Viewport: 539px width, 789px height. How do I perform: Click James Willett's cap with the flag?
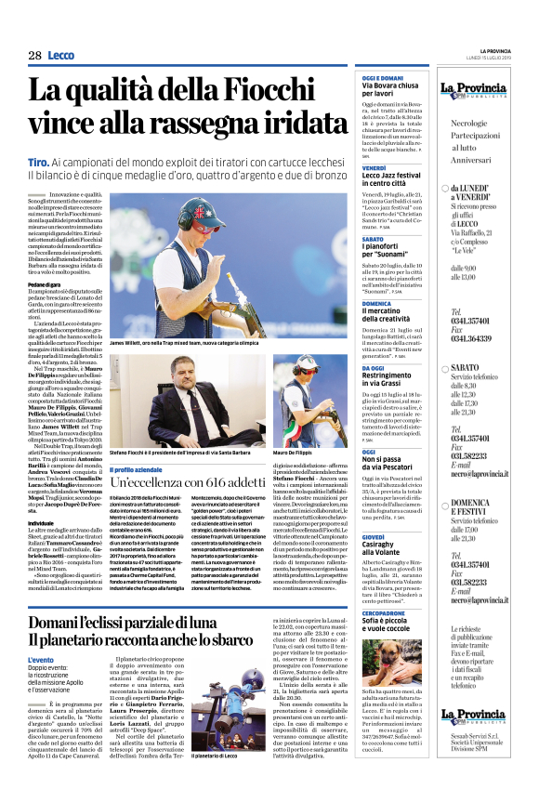[200, 206]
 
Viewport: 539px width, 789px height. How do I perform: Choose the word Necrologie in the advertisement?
[449, 123]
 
